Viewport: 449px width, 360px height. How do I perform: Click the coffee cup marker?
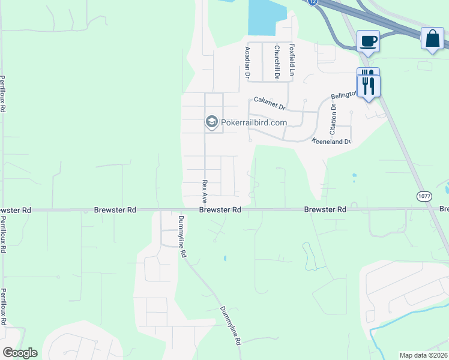tap(369, 41)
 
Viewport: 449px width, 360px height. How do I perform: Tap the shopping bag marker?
tap(432, 39)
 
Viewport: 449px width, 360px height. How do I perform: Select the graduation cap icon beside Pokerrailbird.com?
tap(211, 122)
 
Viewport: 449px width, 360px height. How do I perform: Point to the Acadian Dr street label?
tap(247, 62)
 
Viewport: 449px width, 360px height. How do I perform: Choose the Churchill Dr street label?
tap(277, 62)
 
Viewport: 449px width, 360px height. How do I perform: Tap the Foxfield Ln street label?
tap(292, 59)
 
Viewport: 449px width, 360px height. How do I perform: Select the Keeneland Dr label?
tap(331, 142)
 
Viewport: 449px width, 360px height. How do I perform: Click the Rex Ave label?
tap(205, 191)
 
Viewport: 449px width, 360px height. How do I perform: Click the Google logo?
tap(20, 353)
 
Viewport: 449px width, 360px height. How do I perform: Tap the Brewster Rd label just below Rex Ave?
tap(220, 210)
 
